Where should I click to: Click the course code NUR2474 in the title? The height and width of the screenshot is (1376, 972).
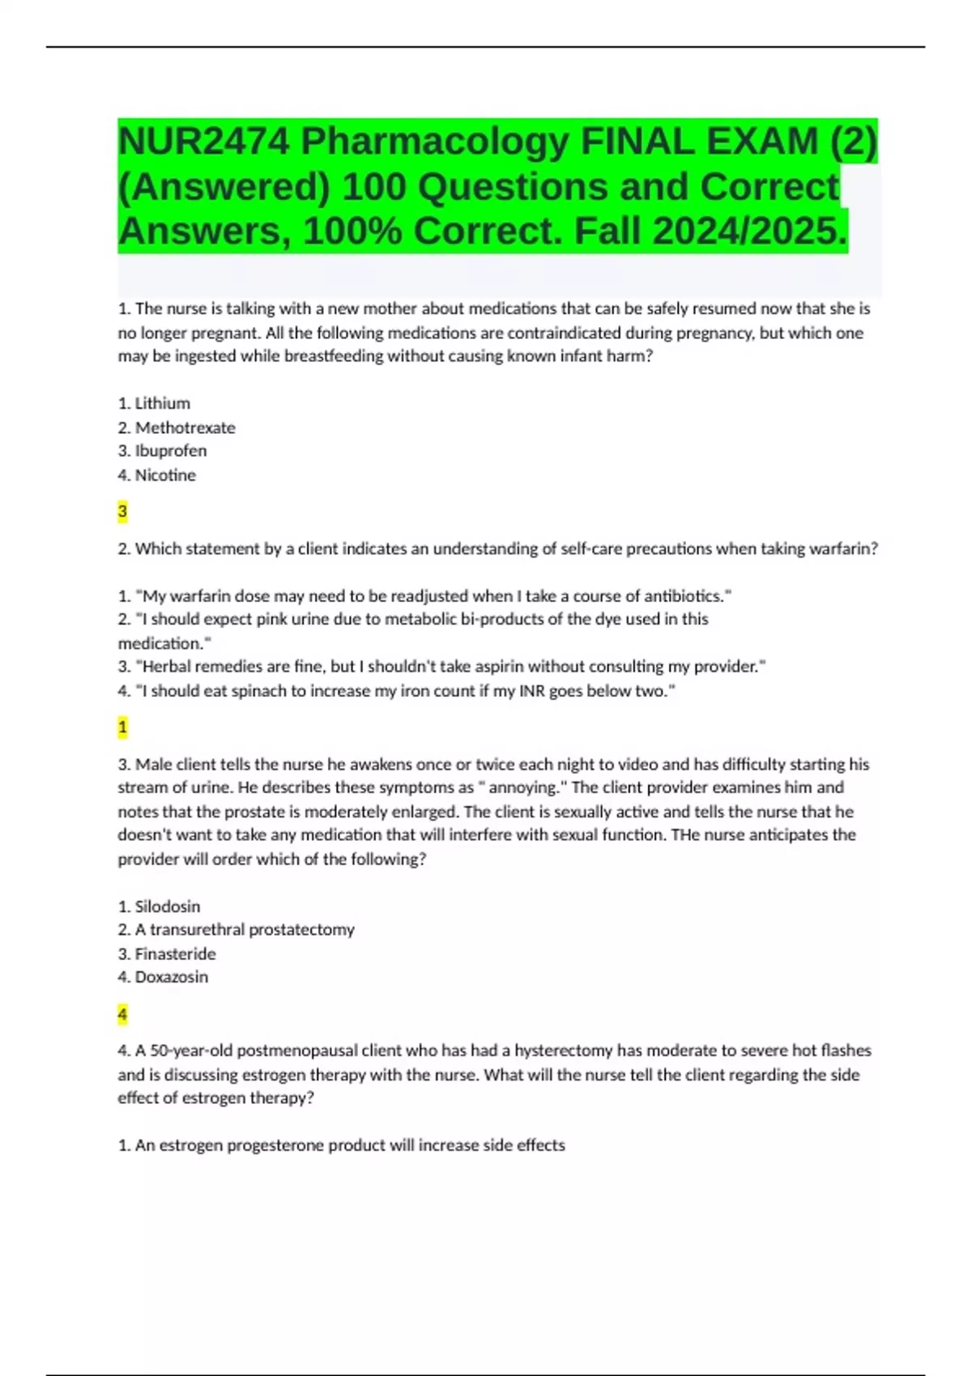coord(203,142)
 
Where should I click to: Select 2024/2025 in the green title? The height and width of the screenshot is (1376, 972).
coord(749,231)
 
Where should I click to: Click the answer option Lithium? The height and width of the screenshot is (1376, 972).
coord(162,403)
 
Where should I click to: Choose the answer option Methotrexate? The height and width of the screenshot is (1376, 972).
coord(185,427)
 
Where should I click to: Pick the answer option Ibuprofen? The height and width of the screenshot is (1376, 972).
coord(170,451)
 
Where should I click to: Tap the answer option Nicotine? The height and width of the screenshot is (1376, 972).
coord(165,475)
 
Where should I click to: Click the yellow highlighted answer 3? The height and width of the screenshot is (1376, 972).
coord(122,512)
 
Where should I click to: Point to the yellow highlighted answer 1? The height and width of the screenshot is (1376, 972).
coord(122,728)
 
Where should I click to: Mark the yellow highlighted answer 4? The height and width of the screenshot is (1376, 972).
coord(122,1014)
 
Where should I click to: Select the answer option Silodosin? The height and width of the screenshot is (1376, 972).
coord(167,907)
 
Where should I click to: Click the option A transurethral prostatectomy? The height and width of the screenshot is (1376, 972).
coord(244,930)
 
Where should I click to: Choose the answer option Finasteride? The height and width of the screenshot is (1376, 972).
coord(175,953)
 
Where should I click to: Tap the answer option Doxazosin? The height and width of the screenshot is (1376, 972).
coord(171,977)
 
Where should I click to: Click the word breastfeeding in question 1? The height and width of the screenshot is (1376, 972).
coord(333,356)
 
